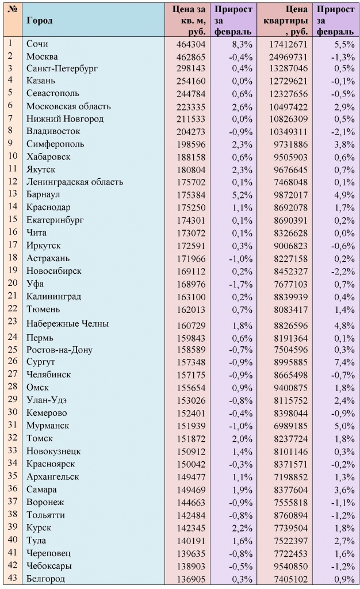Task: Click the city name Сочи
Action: [x=37, y=44]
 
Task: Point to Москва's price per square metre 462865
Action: [x=189, y=56]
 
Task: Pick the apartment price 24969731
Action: [x=288, y=56]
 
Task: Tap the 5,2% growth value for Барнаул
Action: [x=242, y=194]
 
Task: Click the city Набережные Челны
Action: [x=67, y=324]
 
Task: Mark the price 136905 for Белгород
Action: [x=189, y=579]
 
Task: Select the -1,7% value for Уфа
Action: [x=241, y=284]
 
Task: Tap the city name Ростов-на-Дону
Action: [x=59, y=350]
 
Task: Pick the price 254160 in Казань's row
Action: [x=189, y=81]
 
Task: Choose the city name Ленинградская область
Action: [x=75, y=182]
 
